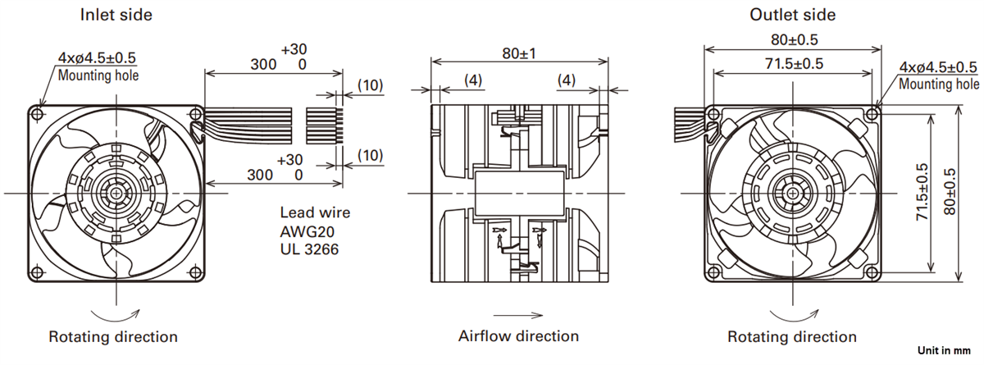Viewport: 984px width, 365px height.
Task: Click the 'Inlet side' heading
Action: pos(116,15)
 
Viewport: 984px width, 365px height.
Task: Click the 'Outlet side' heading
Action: pos(793,15)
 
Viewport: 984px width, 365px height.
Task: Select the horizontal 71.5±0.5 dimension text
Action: pos(792,64)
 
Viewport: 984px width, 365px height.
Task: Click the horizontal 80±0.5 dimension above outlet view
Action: pos(792,39)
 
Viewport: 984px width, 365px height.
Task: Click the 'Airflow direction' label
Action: pos(518,336)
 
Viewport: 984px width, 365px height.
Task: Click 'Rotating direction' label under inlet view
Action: pos(113,337)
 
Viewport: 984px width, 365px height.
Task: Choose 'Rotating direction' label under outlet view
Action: pos(792,337)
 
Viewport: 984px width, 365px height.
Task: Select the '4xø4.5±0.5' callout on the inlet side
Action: pos(97,58)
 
